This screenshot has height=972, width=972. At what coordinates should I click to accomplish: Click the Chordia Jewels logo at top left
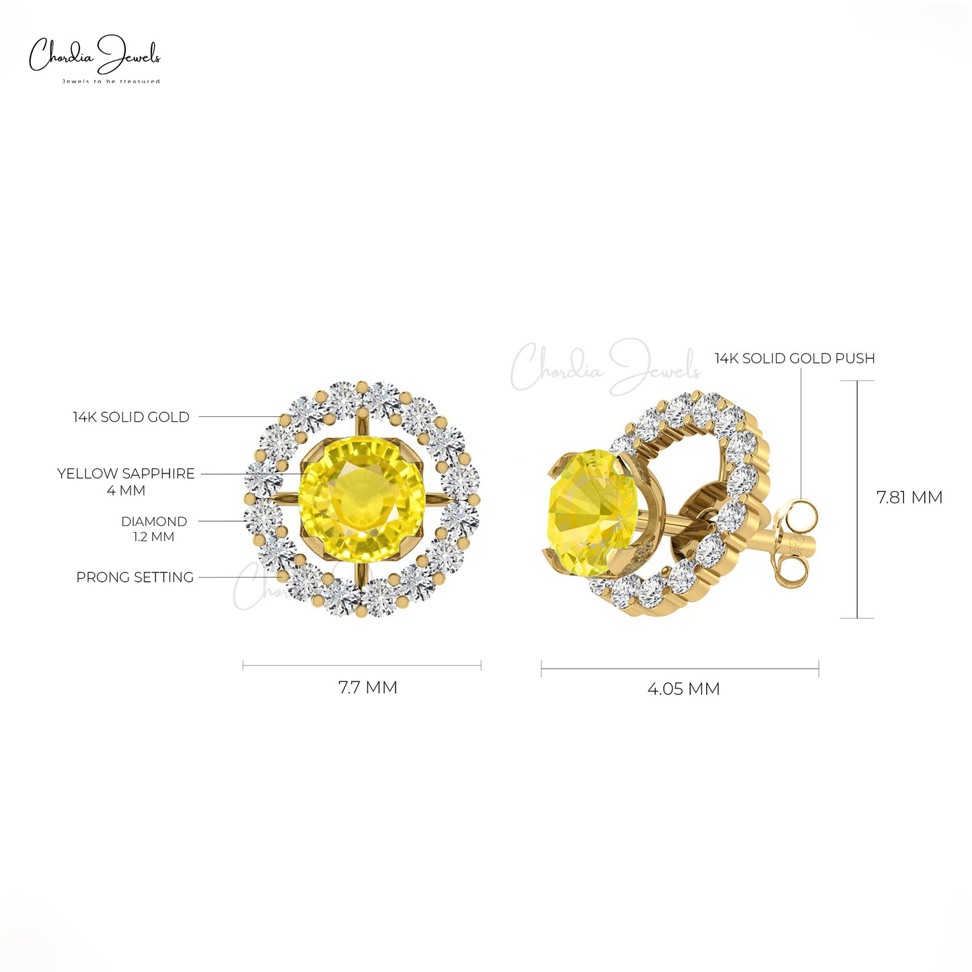(x=95, y=58)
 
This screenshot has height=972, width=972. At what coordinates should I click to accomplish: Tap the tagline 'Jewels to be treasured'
(x=110, y=81)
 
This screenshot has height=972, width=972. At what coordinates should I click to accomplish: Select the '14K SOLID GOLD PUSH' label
(x=794, y=359)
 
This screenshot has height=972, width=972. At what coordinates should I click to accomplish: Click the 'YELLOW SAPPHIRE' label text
(x=126, y=474)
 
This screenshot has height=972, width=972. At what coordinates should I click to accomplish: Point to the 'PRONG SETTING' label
(x=135, y=577)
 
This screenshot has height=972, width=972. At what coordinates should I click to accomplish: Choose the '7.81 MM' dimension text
(x=909, y=498)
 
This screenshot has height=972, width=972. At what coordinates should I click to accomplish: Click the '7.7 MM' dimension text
(x=368, y=687)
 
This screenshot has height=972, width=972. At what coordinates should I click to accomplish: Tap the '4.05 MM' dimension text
(x=683, y=689)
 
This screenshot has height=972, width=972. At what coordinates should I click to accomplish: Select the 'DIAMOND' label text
(x=154, y=521)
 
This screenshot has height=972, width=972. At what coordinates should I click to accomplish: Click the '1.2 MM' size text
(x=154, y=537)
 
